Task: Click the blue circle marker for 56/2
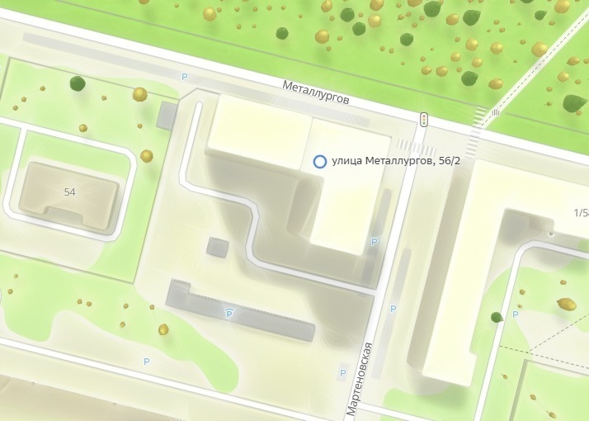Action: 320,162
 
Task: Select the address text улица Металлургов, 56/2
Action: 395,162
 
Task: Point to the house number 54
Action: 69,192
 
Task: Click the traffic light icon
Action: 424,120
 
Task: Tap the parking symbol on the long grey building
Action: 229,314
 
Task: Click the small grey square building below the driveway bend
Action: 218,247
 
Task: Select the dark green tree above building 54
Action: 78,83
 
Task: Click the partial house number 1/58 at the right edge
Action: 580,215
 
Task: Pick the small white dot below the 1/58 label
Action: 550,234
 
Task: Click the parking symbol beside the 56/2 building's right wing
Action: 375,242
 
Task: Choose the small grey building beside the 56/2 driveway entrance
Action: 167,115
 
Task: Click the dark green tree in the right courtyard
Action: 497,317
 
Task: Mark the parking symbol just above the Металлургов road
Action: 185,77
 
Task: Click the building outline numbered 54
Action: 69,195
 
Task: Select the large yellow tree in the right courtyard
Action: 567,303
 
